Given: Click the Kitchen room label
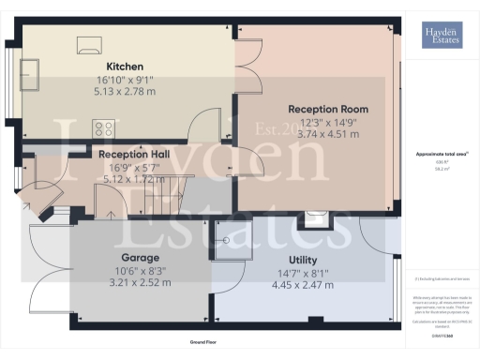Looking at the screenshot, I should [x=125, y=67].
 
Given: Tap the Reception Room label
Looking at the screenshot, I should [x=328, y=109].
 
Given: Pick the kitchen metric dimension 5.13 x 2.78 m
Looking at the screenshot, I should [x=125, y=92].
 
